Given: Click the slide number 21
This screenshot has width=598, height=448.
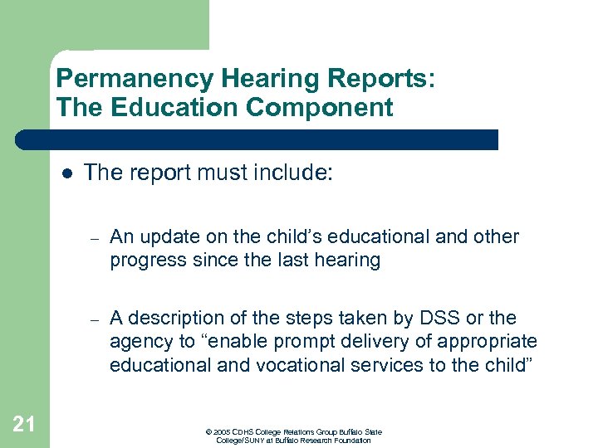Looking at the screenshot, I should tap(24, 425).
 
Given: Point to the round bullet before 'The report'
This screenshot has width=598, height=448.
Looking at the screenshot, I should tap(66, 173).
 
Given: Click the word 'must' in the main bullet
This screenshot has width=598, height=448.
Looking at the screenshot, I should tap(211, 173).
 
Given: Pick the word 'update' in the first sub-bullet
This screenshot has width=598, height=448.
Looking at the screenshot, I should tap(169, 237).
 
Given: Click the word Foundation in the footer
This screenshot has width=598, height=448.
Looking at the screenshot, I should tap(353, 440).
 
